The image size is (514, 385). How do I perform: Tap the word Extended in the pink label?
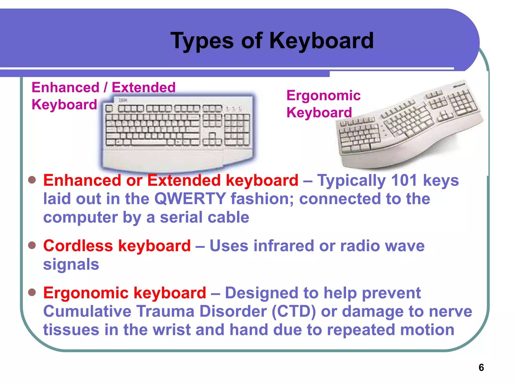[144, 87]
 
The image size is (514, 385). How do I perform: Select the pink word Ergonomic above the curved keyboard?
[324, 95]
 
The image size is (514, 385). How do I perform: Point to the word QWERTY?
[190, 199]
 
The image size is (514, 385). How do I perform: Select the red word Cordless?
[78, 246]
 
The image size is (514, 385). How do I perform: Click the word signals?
[71, 264]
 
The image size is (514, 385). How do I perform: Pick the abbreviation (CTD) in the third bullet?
[294, 311]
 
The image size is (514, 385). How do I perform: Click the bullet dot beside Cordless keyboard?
[32, 245]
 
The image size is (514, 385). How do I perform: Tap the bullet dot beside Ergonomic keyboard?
[32, 292]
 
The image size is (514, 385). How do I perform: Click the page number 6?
[481, 367]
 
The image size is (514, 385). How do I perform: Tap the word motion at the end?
[427, 330]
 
